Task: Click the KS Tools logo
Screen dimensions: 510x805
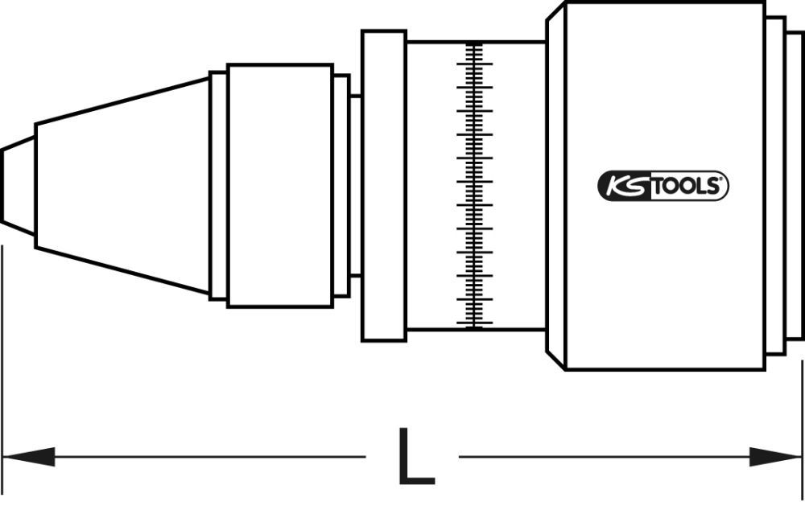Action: pos(663,187)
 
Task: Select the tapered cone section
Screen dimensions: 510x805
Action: pos(121,185)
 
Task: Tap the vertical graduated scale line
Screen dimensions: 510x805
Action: pos(475,185)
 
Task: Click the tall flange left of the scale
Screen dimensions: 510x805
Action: pos(383,185)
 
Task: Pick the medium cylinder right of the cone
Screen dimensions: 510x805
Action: pos(279,185)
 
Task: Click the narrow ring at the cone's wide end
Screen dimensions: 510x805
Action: pos(218,185)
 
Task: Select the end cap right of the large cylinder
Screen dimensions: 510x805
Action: pos(774,185)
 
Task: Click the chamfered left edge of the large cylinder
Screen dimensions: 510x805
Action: pos(555,185)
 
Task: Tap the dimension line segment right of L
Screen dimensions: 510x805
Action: pos(604,458)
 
